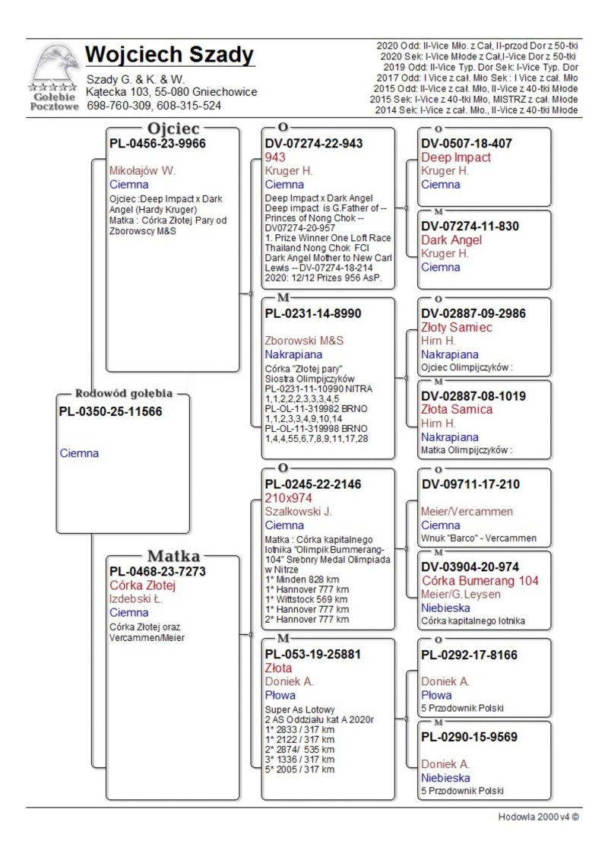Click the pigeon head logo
pos(54,66)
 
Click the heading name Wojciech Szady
pos(169,55)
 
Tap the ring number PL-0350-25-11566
pos(110,411)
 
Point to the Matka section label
pos(174,555)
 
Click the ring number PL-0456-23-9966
pos(157,143)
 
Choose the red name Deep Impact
pos(456,157)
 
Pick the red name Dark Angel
pos(451,240)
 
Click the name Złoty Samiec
pos(457,327)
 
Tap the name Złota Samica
pos(457,409)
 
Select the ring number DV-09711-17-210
pos(471,484)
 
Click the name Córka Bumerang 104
pos(480,581)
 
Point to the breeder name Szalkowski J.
pos(298,512)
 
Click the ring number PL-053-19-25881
pos(312,654)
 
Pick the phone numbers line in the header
pos(154,106)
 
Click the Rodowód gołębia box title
pos(124,394)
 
